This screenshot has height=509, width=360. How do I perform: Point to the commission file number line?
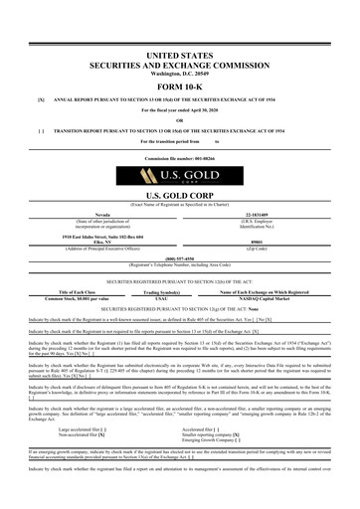click(x=180, y=159)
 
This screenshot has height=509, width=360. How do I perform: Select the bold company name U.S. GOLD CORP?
click(x=180, y=197)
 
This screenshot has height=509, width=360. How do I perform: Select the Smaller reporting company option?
click(x=245, y=406)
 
